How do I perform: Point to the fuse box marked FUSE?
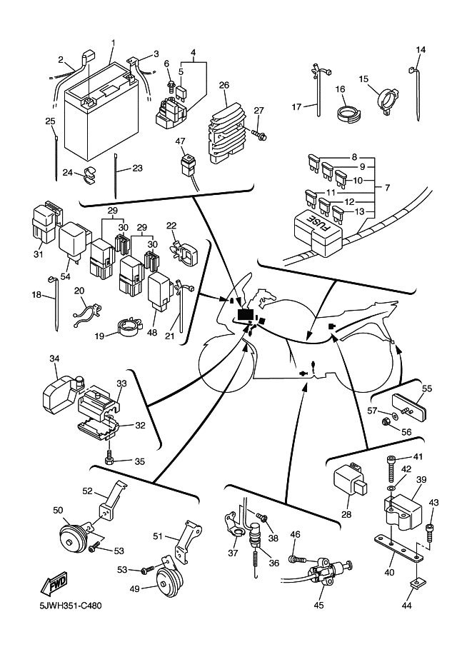click(317, 231)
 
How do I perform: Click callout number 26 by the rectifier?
click(224, 85)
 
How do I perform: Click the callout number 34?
click(54, 358)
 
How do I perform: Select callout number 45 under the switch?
click(318, 606)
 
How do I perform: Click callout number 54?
click(66, 276)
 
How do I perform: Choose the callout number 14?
click(421, 50)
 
